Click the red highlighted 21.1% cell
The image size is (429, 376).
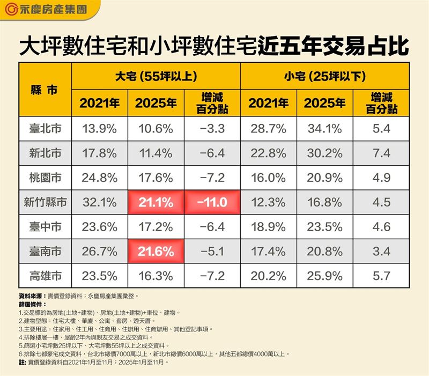pos(156,202)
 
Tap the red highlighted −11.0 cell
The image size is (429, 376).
pos(213,202)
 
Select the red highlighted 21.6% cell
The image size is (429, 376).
pos(156,252)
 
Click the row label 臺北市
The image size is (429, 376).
pos(45,128)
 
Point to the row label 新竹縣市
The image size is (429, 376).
pos(45,202)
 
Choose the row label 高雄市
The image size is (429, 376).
pos(45,276)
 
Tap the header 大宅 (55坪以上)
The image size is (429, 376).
pos(156,76)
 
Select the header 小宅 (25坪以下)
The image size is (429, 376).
pos(325,76)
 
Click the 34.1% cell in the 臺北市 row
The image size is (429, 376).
pos(325,128)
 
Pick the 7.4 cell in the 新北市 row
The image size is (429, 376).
pos(382,153)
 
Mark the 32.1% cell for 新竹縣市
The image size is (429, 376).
pos(99,202)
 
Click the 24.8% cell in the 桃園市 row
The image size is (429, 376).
pos(99,178)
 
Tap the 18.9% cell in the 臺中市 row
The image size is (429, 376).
pos(268,227)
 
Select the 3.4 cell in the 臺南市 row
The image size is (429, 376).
pos(382,252)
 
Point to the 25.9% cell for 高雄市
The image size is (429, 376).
pos(325,276)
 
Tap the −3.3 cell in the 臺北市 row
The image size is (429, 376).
pos(213,128)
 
